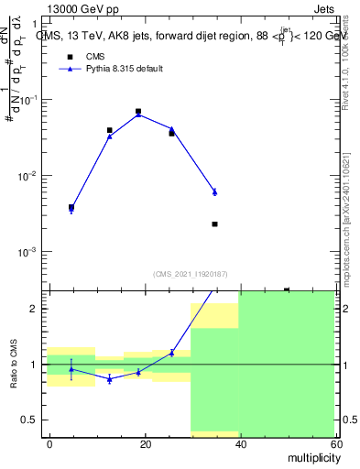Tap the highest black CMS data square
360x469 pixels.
pyautogui.click(x=138, y=112)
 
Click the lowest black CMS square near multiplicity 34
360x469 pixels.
pyautogui.click(x=214, y=224)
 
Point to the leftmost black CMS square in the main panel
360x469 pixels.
pyautogui.click(x=71, y=207)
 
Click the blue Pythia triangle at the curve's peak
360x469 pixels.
pyautogui.click(x=138, y=115)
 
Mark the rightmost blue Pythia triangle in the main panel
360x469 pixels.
pyautogui.click(x=214, y=191)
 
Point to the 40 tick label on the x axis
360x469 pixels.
pyautogui.click(x=240, y=443)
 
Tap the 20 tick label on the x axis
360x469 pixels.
pyautogui.click(x=145, y=443)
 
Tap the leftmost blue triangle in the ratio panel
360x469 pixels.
pyautogui.click(x=71, y=369)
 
